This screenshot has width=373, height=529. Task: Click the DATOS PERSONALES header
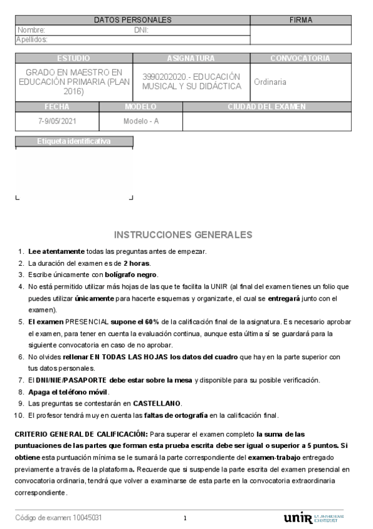click(x=133, y=20)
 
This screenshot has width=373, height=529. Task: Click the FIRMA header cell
click(x=301, y=20)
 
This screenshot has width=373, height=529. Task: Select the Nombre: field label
click(x=31, y=30)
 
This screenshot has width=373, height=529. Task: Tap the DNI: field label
click(x=141, y=30)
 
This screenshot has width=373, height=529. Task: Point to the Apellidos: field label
click(x=32, y=39)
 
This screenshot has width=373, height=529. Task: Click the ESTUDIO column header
click(x=73, y=58)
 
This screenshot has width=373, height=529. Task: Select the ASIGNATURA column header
click(x=191, y=58)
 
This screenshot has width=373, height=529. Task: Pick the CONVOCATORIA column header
click(x=300, y=58)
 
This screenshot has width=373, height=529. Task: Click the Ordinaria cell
click(x=270, y=82)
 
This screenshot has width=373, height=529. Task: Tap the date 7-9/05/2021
click(x=57, y=121)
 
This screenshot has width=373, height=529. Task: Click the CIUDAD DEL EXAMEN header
click(x=267, y=107)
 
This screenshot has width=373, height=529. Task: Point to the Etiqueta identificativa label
click(x=73, y=141)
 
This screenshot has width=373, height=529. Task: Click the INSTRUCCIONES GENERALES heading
click(x=183, y=235)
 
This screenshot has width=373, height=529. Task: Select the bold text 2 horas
click(x=136, y=263)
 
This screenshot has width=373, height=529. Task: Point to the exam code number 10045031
click(x=88, y=518)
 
